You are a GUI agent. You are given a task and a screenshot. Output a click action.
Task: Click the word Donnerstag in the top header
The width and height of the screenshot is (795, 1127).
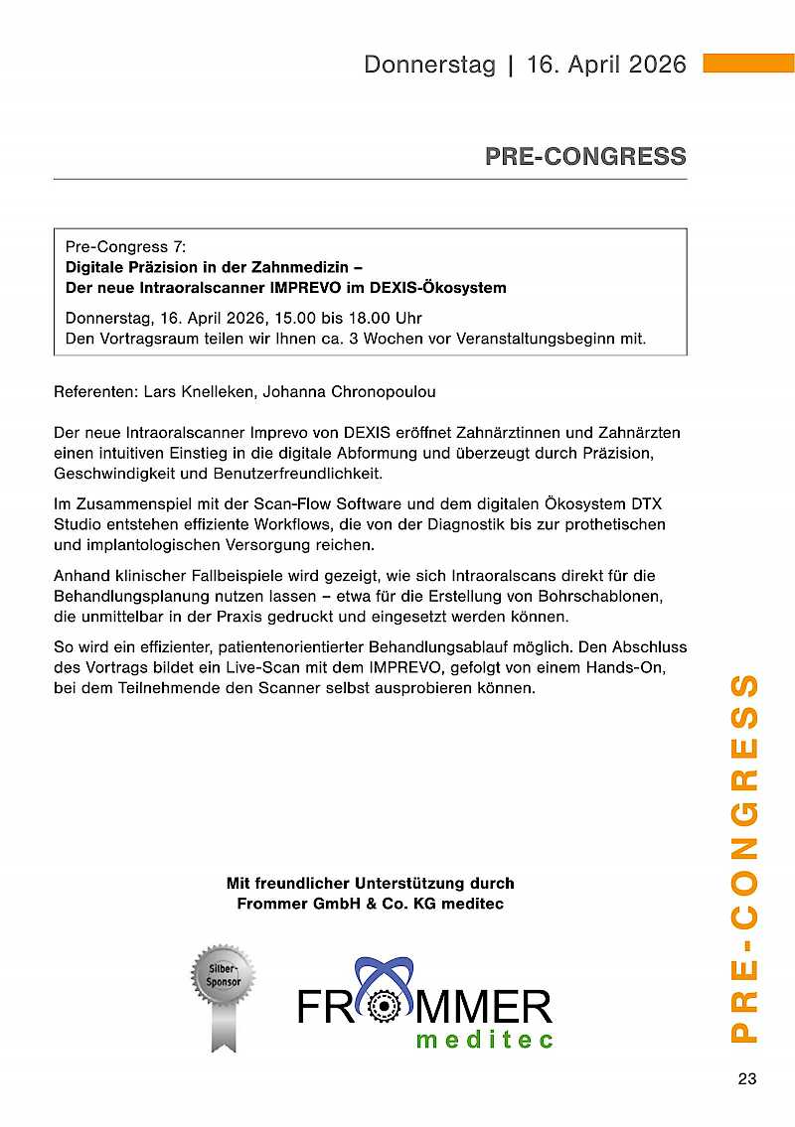429,65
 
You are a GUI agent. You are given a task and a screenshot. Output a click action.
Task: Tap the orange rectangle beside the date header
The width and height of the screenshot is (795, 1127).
748,64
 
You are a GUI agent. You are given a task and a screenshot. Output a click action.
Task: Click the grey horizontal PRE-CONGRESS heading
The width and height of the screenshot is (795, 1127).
585,157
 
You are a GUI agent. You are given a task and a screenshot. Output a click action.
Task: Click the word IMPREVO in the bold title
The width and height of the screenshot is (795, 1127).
293,288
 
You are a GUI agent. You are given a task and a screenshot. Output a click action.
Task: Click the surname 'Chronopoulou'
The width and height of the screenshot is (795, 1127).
377,391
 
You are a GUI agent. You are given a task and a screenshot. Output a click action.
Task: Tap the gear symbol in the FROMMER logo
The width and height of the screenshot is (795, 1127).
383,1007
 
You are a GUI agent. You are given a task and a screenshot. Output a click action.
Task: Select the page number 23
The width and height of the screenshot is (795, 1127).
747,1079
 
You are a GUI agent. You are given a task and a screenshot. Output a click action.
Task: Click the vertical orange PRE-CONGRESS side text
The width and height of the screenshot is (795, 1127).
746,859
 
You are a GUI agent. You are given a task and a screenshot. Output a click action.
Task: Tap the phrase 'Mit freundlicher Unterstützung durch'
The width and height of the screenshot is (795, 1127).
371,883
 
